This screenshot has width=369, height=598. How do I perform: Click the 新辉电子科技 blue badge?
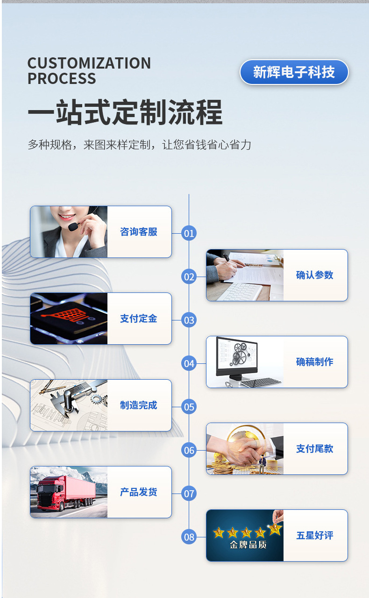(294, 72)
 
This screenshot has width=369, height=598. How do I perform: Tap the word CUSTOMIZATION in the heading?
(89, 63)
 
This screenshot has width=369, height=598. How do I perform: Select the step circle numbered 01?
(189, 233)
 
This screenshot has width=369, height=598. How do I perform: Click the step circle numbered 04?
(189, 363)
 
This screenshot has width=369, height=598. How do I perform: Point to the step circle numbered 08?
(189, 537)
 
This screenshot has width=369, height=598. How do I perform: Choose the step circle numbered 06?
(189, 450)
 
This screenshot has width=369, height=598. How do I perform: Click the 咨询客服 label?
(139, 232)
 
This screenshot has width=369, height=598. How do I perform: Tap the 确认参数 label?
(315, 275)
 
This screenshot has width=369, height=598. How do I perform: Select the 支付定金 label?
(139, 319)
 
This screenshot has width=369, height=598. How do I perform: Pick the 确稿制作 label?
(315, 362)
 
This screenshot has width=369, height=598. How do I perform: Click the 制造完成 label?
(139, 405)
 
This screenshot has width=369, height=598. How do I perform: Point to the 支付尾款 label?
(315, 449)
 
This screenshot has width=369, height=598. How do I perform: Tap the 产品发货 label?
(139, 492)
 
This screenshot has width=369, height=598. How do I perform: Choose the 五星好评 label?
(315, 535)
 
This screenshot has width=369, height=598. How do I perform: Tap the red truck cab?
(50, 494)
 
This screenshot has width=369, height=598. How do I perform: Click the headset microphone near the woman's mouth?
(72, 226)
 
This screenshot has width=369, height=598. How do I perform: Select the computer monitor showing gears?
(238, 357)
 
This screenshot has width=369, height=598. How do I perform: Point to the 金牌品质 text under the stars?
(248, 545)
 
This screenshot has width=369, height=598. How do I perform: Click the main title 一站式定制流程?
(125, 113)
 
